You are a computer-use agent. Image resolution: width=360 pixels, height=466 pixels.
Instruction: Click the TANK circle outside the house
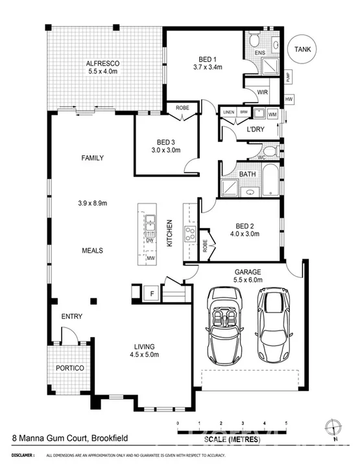pyautogui.click(x=302, y=49)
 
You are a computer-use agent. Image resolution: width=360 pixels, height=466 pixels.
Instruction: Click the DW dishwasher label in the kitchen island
pyautogui.click(x=149, y=240)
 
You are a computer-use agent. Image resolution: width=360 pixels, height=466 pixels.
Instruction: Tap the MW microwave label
pyautogui.click(x=149, y=259)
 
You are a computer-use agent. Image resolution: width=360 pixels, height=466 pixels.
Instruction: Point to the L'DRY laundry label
pyautogui.click(x=254, y=130)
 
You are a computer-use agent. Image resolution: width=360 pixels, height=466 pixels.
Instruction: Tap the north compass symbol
pyautogui.click(x=334, y=428)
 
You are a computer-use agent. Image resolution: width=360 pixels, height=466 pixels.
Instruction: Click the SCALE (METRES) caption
pyautogui.click(x=232, y=439)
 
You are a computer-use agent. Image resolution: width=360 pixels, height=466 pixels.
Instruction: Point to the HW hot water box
pyautogui.click(x=289, y=99)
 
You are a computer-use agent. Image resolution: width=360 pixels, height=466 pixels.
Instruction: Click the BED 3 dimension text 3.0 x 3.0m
pyautogui.click(x=165, y=150)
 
